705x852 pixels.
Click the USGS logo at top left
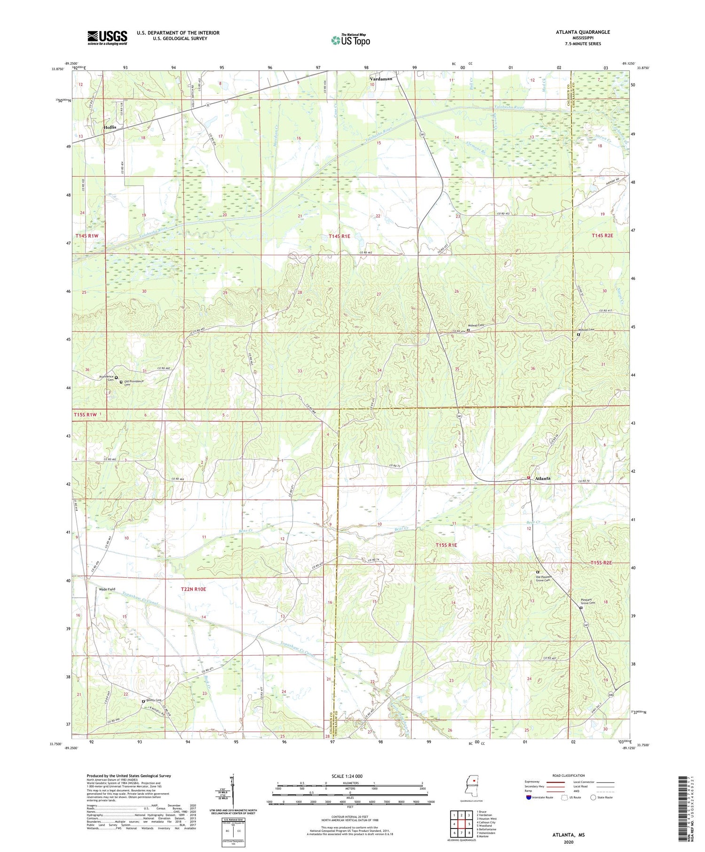tap(107, 38)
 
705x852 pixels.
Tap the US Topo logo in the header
tap(351, 40)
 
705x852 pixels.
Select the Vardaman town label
tap(380, 79)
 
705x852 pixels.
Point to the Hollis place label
tap(110, 127)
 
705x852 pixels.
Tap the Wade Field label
tap(107, 589)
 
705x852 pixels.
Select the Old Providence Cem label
tap(133, 383)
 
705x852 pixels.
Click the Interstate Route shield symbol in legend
tap(529, 797)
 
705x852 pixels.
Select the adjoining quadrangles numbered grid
tap(461, 824)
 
